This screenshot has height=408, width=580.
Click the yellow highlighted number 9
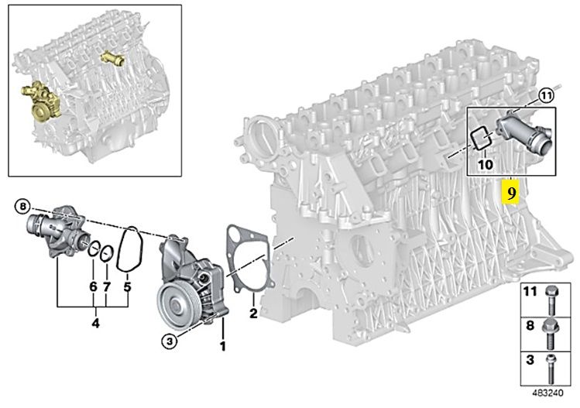pyautogui.click(x=510, y=193)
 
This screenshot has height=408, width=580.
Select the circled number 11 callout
pyautogui.click(x=546, y=96)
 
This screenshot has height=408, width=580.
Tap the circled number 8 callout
pyautogui.click(x=23, y=207)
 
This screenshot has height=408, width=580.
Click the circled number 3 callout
pyautogui.click(x=169, y=341)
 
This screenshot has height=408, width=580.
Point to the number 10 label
pyautogui.click(x=485, y=164)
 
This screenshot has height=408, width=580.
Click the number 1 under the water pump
pyautogui.click(x=223, y=347)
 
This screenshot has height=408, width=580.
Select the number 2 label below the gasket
pyautogui.click(x=253, y=313)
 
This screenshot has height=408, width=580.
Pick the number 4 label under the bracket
pyautogui.click(x=95, y=324)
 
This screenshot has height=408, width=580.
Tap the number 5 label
pyautogui.click(x=127, y=286)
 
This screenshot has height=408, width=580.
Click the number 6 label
pyautogui.click(x=93, y=286)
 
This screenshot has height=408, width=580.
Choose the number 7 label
pyautogui.click(x=107, y=286)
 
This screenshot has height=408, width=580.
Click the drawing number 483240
pyautogui.click(x=548, y=393)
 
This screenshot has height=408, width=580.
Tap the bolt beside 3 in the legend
pyautogui.click(x=551, y=368)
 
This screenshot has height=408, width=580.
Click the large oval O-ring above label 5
pyautogui.click(x=130, y=249)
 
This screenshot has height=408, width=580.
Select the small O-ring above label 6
pyautogui.click(x=94, y=250)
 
